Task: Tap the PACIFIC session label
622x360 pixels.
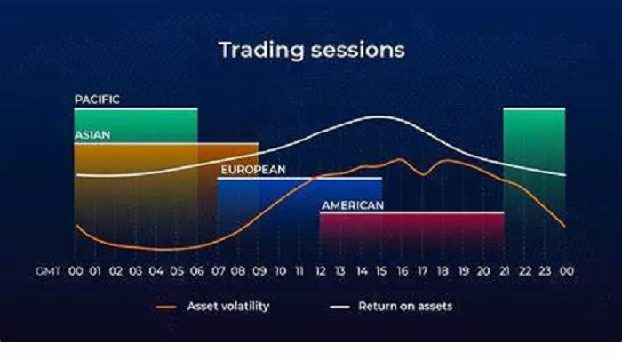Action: [97, 100]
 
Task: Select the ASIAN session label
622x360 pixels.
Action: [92, 135]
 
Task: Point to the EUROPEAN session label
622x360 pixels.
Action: [253, 170]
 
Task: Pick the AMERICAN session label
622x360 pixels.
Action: [353, 205]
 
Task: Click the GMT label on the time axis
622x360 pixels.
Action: [48, 271]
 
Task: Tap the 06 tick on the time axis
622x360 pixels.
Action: [197, 271]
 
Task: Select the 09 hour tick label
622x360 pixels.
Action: [259, 271]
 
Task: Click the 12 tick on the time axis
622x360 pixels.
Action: [320, 271]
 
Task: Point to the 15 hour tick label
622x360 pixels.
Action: [381, 271]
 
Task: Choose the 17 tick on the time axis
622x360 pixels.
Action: [422, 271]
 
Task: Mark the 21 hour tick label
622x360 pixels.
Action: [504, 271]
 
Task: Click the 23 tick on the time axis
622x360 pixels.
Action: [545, 271]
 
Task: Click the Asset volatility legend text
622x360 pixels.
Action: [228, 307]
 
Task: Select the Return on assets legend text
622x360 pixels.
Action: [405, 307]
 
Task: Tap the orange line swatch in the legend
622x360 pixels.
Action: [166, 307]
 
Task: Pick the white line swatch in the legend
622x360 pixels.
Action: [340, 307]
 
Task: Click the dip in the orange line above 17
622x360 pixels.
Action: [423, 174]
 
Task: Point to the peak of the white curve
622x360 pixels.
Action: [379, 116]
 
